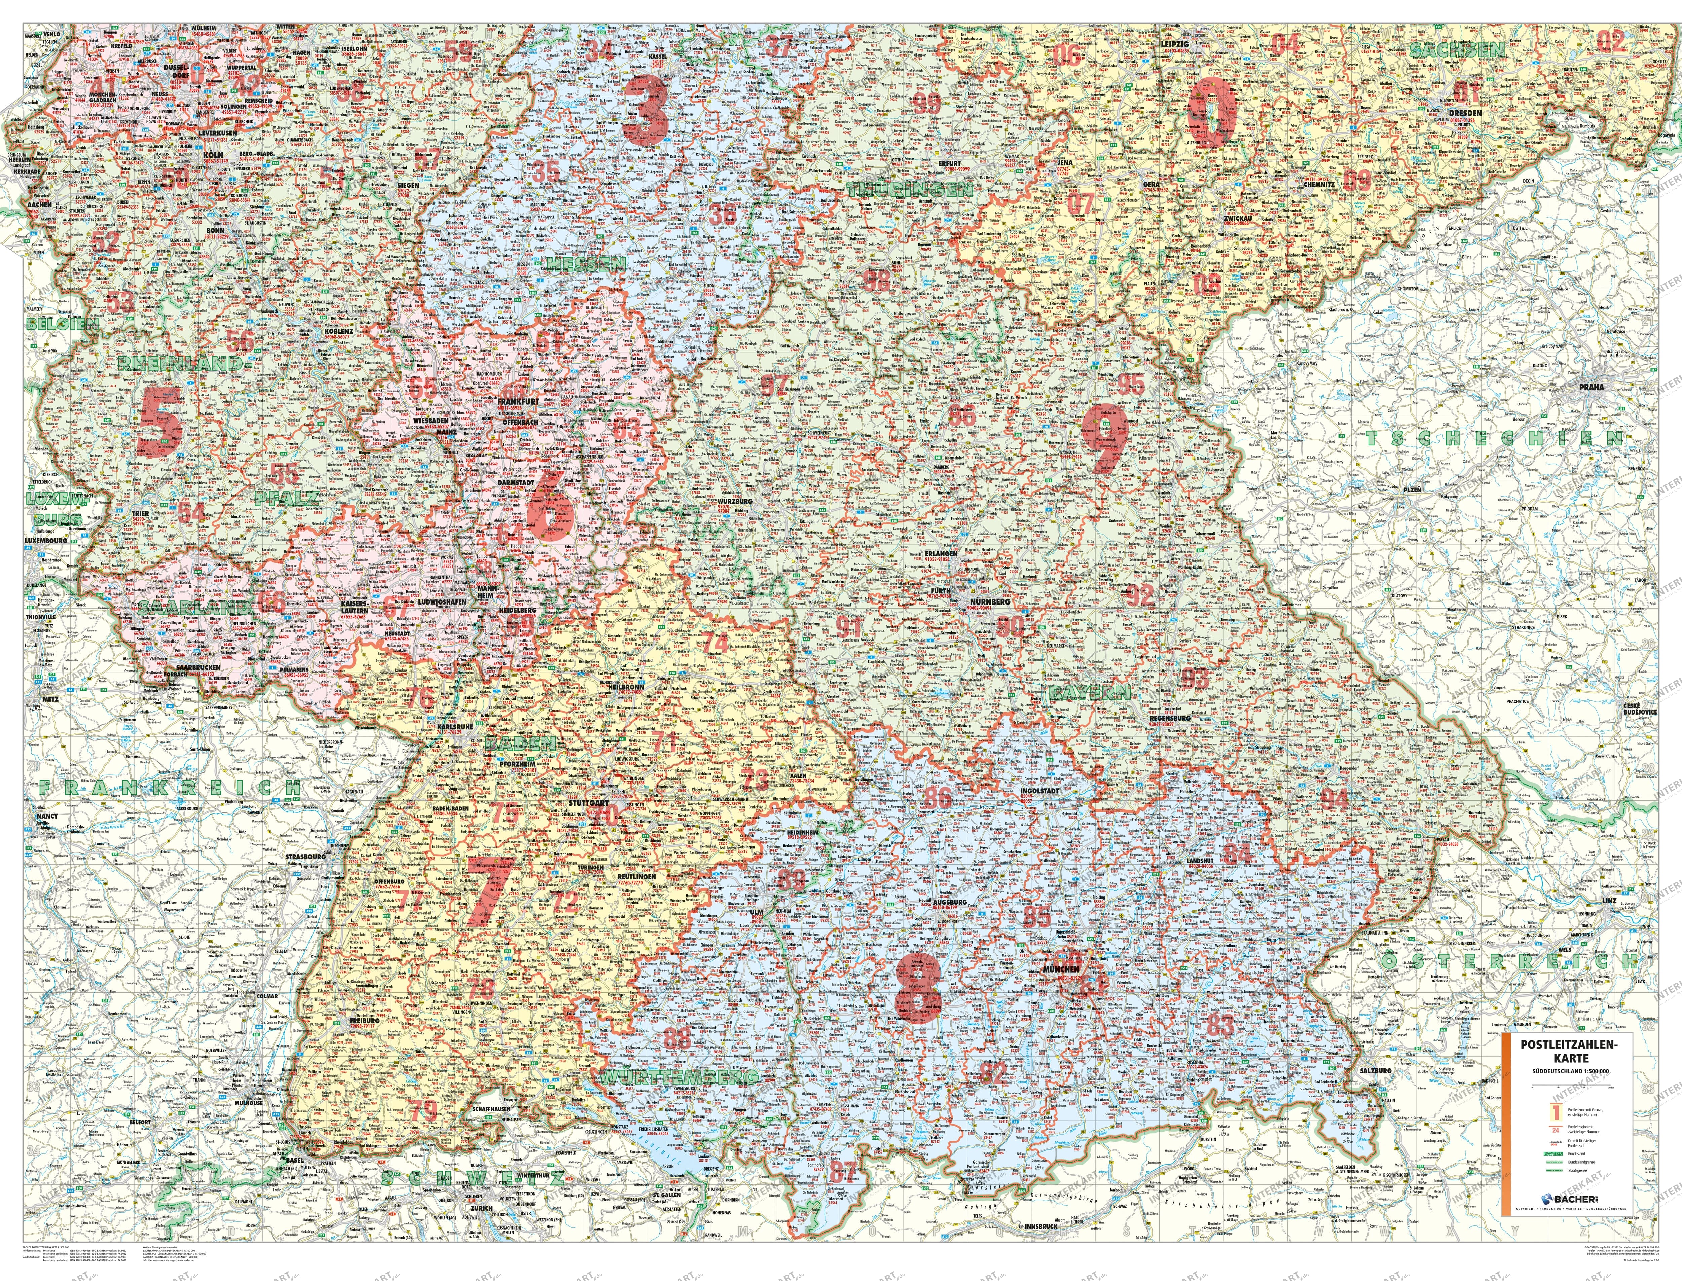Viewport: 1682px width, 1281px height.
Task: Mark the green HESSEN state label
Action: [586, 263]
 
